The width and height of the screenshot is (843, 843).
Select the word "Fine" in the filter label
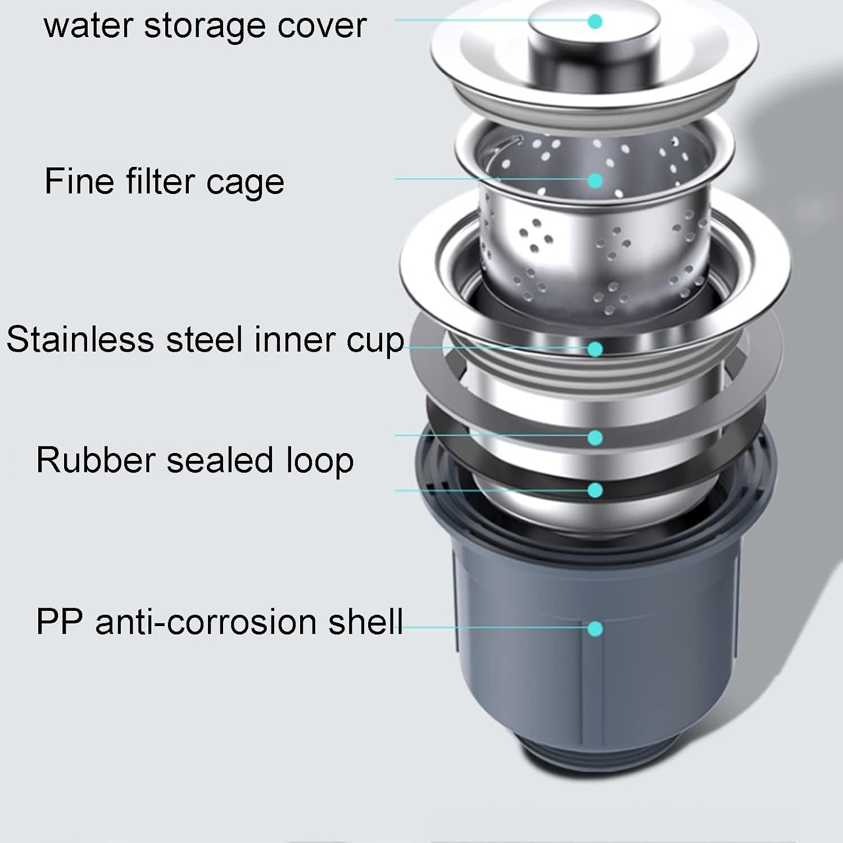pos(74,181)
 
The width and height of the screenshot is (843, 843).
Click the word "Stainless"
pos(80,339)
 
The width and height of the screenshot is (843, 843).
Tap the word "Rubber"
pos(96,460)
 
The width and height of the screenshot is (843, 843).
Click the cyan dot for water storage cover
pos(595,21)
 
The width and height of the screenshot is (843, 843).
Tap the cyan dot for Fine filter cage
pos(595,180)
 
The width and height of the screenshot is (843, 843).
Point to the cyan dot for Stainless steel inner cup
pos(595,349)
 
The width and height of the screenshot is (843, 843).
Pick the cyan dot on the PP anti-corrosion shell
pos(595,628)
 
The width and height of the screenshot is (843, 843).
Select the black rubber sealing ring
pos(596,472)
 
